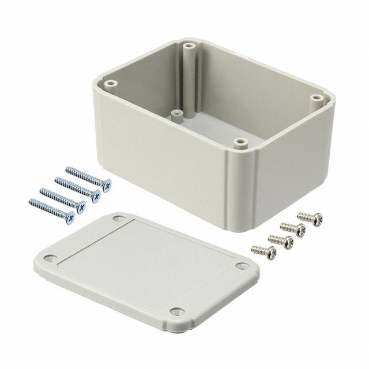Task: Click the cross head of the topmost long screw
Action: pyautogui.click(x=106, y=185)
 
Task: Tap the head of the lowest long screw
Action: pyautogui.click(x=70, y=217)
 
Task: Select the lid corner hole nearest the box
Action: pyautogui.click(x=118, y=220)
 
